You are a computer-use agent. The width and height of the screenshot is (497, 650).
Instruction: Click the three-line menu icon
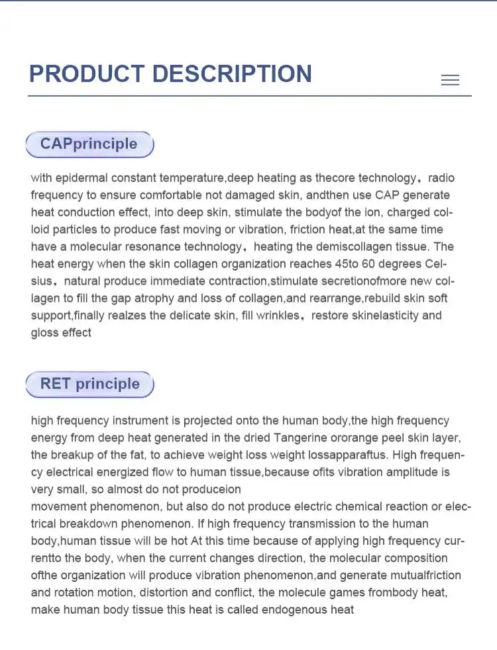pyautogui.click(x=450, y=80)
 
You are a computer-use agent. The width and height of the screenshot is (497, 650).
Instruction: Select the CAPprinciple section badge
pyautogui.click(x=89, y=144)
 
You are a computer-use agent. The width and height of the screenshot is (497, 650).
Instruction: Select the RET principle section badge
pyautogui.click(x=89, y=384)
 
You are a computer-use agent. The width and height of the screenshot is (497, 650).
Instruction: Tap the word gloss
pyautogui.click(x=44, y=333)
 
